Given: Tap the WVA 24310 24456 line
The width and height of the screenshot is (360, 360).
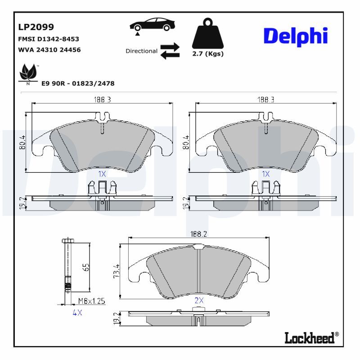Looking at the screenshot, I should click(x=49, y=50).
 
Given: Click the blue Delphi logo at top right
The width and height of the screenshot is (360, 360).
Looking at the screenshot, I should click(x=295, y=36).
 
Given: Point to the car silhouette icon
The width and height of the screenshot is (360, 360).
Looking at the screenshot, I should click(x=152, y=25).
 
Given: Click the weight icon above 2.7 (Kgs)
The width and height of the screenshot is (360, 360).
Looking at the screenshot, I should click(x=208, y=34).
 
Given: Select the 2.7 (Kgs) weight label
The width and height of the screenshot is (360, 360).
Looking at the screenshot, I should click(x=208, y=54).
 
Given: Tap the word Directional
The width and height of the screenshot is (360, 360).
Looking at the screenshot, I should click(x=141, y=51).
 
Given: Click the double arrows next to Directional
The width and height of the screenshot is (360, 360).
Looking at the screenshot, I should click(x=170, y=51).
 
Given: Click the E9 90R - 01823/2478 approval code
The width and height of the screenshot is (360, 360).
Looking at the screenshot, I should click(x=78, y=83).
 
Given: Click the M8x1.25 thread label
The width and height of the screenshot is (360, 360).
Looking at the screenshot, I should click(x=91, y=301).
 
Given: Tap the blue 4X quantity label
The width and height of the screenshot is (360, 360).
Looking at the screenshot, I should click(x=77, y=313).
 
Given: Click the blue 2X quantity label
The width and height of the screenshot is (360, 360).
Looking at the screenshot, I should click(x=198, y=300).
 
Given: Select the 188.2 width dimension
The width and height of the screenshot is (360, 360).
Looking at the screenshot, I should click(x=198, y=234).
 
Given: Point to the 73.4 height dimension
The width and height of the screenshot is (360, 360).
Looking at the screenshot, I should click(x=116, y=271).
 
